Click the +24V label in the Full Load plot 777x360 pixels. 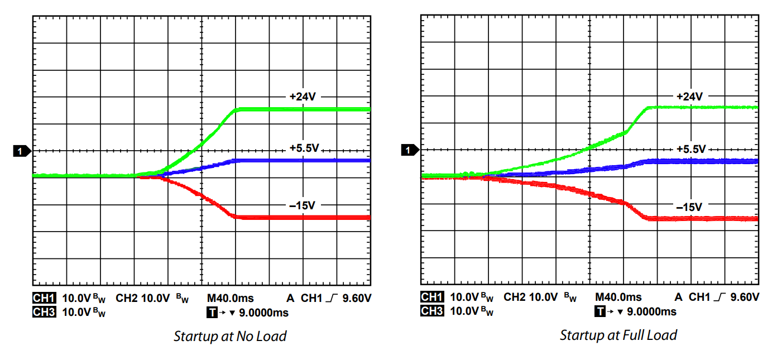tap(689, 97)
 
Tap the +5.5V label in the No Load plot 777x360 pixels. tap(304, 148)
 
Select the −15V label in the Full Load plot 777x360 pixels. tap(689, 207)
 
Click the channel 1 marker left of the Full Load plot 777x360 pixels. tap(409, 150)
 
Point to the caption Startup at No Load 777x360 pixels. tap(230, 336)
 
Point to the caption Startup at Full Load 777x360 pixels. tap(618, 335)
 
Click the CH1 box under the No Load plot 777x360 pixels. tap(45, 298)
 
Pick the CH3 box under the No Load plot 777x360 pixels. tap(45, 312)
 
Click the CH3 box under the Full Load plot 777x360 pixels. tap(432, 311)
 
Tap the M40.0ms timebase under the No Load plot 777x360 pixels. tap(230, 298)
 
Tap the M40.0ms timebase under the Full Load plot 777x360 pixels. tap(618, 297)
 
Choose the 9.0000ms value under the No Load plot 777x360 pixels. tap(263, 312)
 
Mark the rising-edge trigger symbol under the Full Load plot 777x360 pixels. tap(724, 297)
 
